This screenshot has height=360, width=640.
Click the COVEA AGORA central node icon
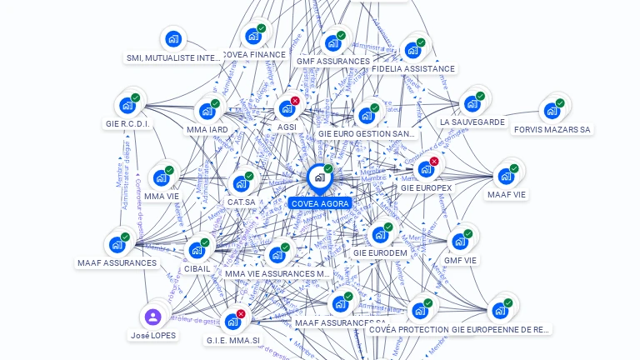[319, 177]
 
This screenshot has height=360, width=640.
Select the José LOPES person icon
[152, 317]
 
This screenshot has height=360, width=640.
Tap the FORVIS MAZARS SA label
[552, 130]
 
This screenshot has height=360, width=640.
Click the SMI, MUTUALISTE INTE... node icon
[173, 38]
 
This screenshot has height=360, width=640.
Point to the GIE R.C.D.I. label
[128, 124]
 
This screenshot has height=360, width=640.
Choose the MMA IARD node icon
[207, 111]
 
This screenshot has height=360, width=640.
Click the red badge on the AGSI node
[295, 101]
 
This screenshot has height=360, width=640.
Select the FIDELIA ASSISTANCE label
[413, 69]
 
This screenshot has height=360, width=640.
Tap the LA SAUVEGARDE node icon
[472, 103]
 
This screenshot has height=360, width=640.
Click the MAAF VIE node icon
[506, 176]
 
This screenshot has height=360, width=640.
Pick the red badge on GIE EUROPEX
[434, 161]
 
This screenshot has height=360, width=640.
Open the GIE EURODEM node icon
[380, 235]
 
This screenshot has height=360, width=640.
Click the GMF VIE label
[460, 260]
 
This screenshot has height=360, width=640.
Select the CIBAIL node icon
[197, 250]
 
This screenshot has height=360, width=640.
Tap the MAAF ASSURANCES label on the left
[117, 263]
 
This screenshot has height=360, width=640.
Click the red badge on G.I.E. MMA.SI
[241, 313]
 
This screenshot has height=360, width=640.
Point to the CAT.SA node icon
[241, 183]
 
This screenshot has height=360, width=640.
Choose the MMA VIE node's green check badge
[169, 170]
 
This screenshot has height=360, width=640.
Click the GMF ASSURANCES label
[332, 62]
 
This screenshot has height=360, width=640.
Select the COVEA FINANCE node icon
[253, 36]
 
